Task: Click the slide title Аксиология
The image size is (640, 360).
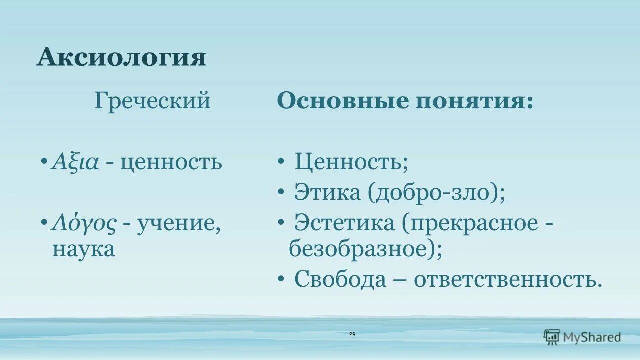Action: [121, 57]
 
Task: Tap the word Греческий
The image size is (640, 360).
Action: [152, 101]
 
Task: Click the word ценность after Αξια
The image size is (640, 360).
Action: [171, 162]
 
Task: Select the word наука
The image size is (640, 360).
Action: [84, 248]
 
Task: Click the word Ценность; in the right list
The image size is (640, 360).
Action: [351, 162]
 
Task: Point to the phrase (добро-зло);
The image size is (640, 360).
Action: [436, 193]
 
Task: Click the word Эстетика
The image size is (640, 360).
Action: [344, 223]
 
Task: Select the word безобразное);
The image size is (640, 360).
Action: [365, 248]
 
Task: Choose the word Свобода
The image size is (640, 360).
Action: [340, 279]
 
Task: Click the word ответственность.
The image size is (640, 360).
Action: [508, 279]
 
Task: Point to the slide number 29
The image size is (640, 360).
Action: [352, 334]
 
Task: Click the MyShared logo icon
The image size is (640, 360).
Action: [552, 337]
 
